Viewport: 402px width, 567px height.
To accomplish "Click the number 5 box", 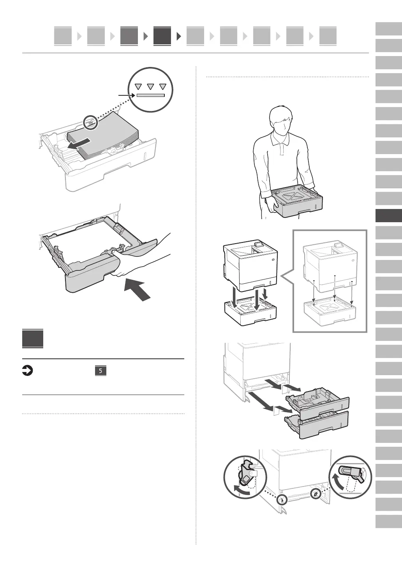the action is [100, 371].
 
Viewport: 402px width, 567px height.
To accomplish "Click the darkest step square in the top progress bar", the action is [162, 36].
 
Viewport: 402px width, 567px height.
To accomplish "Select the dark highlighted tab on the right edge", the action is [388, 216].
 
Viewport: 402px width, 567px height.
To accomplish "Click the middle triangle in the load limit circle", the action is [151, 87].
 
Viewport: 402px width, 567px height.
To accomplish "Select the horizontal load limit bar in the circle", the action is [150, 95].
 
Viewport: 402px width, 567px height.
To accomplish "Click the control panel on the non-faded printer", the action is [258, 246].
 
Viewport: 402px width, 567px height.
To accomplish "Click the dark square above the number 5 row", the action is [33, 339].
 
